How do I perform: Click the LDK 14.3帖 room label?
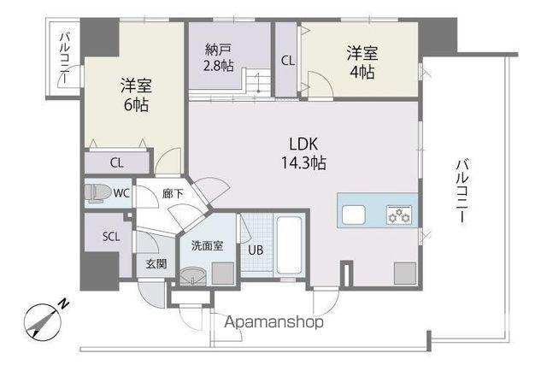click(x=303, y=153)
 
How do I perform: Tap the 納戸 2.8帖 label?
click(x=219, y=57)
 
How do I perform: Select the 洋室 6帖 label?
click(x=136, y=95)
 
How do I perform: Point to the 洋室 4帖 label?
click(x=362, y=62)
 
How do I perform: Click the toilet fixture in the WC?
click(x=97, y=193)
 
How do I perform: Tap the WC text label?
click(x=121, y=193)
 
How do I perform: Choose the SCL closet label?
click(x=111, y=237)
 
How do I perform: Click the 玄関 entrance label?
click(x=156, y=264)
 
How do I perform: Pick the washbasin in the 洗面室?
click(x=192, y=276)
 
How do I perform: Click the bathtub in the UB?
click(x=289, y=245)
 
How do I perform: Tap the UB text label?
click(x=256, y=250)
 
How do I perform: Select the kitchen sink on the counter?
click(x=354, y=215)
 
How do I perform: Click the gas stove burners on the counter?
click(x=399, y=215)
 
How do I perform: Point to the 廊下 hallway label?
click(x=173, y=194)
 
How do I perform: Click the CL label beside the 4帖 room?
click(x=288, y=61)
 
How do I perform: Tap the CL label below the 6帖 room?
click(x=116, y=163)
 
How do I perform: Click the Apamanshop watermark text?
click(x=273, y=321)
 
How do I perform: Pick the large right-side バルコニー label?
click(x=462, y=191)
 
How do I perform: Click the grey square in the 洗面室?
click(x=223, y=274)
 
